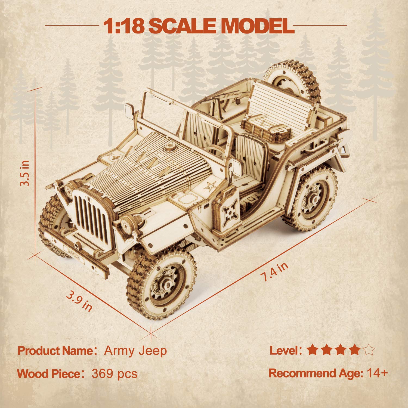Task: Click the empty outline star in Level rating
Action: click(x=369, y=350)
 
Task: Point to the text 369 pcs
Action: click(x=115, y=374)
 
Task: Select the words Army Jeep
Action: click(x=135, y=351)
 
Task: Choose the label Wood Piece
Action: click(x=49, y=374)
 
